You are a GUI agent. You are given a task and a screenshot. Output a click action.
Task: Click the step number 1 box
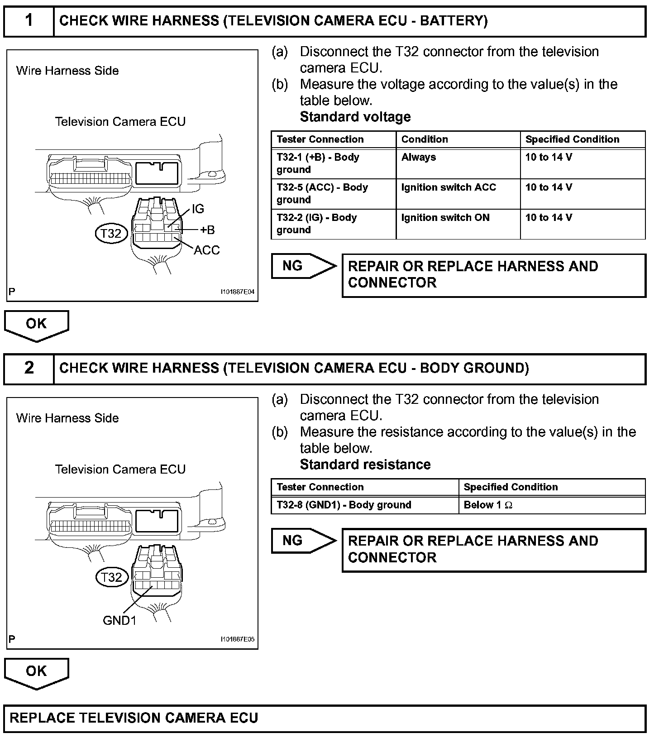[x=29, y=21]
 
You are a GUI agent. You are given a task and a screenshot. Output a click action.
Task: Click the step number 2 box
[x=29, y=368]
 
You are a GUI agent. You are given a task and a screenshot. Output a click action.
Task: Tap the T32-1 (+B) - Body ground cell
[x=333, y=163]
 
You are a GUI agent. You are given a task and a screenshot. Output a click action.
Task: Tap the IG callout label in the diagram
[x=198, y=209]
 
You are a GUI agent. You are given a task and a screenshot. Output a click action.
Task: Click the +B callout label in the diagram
[x=207, y=230]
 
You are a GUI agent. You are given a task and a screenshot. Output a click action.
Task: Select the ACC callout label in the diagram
[x=206, y=250]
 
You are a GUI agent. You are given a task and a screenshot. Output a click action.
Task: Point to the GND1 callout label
[x=119, y=620]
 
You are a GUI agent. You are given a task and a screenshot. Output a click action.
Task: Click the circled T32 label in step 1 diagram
[x=111, y=234]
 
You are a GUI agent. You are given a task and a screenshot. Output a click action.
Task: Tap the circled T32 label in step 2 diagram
[x=111, y=577]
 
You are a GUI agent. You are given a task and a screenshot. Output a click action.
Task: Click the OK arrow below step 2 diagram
[x=36, y=672]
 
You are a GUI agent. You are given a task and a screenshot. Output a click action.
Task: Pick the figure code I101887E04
[x=238, y=292]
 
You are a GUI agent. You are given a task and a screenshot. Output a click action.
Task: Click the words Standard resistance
[x=365, y=465]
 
